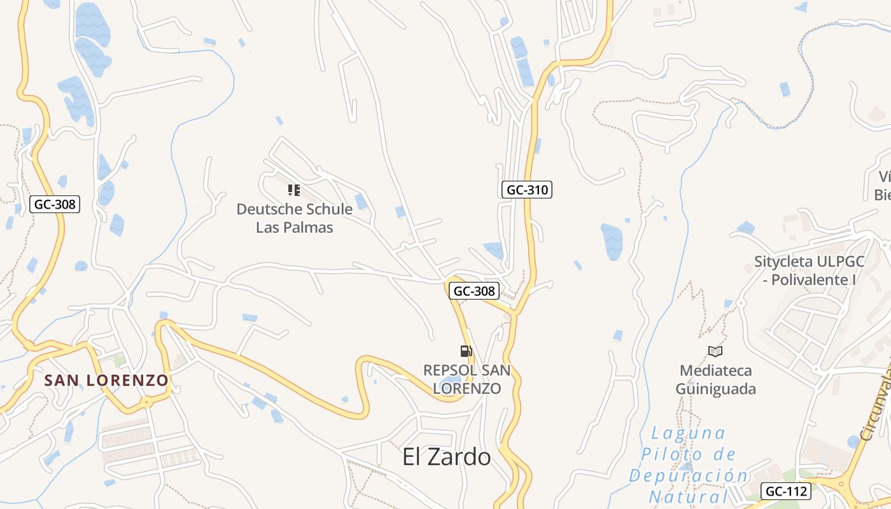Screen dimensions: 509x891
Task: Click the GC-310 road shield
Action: (526, 190)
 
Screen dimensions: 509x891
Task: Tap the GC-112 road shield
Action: (786, 491)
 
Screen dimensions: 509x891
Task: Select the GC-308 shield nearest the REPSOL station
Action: (474, 291)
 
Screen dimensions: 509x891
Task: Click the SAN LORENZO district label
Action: (106, 380)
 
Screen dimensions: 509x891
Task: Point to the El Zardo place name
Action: (446, 457)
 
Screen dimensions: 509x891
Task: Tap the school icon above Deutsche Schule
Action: (293, 190)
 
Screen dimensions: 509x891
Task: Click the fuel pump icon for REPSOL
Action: (467, 351)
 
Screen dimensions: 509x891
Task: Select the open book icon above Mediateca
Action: (715, 351)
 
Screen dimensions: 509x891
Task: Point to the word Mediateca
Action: (715, 371)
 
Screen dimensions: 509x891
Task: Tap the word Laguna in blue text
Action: (689, 433)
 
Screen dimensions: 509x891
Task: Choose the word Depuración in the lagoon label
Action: (689, 476)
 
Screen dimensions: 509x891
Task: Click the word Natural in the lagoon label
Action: (689, 496)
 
